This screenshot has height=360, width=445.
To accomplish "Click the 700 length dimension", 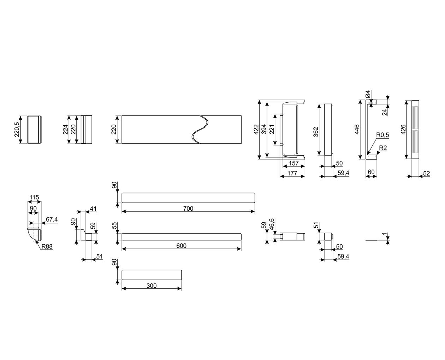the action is pyautogui.click(x=188, y=208).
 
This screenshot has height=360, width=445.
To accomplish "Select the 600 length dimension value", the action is pyautogui.click(x=181, y=246).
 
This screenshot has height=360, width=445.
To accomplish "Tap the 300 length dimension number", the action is pyautogui.click(x=152, y=286).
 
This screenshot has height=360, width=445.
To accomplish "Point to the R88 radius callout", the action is pyautogui.click(x=47, y=246).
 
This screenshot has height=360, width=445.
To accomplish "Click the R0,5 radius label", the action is pyautogui.click(x=382, y=135).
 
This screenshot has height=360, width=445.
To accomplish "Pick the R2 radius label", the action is pyautogui.click(x=383, y=148).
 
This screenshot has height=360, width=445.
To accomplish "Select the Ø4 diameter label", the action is pyautogui.click(x=368, y=94).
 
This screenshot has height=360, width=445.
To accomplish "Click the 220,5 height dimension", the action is pyautogui.click(x=17, y=130).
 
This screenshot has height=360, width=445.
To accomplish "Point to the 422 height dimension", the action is pyautogui.click(x=256, y=130).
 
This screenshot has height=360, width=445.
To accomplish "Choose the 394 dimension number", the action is pyautogui.click(x=264, y=130).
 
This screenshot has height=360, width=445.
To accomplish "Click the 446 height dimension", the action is pyautogui.click(x=357, y=130).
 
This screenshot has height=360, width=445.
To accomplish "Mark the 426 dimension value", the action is pyautogui.click(x=403, y=130).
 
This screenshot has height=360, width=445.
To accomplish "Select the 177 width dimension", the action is pyautogui.click(x=292, y=173).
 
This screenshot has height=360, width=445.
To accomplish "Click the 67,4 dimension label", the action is pyautogui.click(x=52, y=220).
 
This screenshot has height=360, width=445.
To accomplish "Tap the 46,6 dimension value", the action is pyautogui.click(x=272, y=224).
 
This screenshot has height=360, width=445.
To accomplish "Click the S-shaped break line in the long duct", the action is pyautogui.click(x=200, y=130).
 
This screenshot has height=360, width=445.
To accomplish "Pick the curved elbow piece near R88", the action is pyautogui.click(x=34, y=234).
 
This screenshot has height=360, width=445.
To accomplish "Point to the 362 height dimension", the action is pyautogui.click(x=316, y=132).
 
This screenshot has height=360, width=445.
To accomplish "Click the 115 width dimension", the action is pyautogui.click(x=34, y=197).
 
